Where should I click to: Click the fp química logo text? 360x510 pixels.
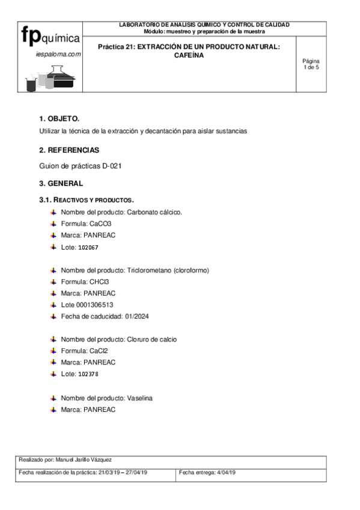point(50,37)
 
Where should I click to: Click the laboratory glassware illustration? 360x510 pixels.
point(50,77)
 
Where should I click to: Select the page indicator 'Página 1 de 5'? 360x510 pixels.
point(311,64)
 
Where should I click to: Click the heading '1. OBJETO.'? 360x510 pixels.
point(59,118)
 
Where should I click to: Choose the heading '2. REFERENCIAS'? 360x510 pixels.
point(69,150)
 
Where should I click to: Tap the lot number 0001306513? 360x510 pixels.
point(95,304)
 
